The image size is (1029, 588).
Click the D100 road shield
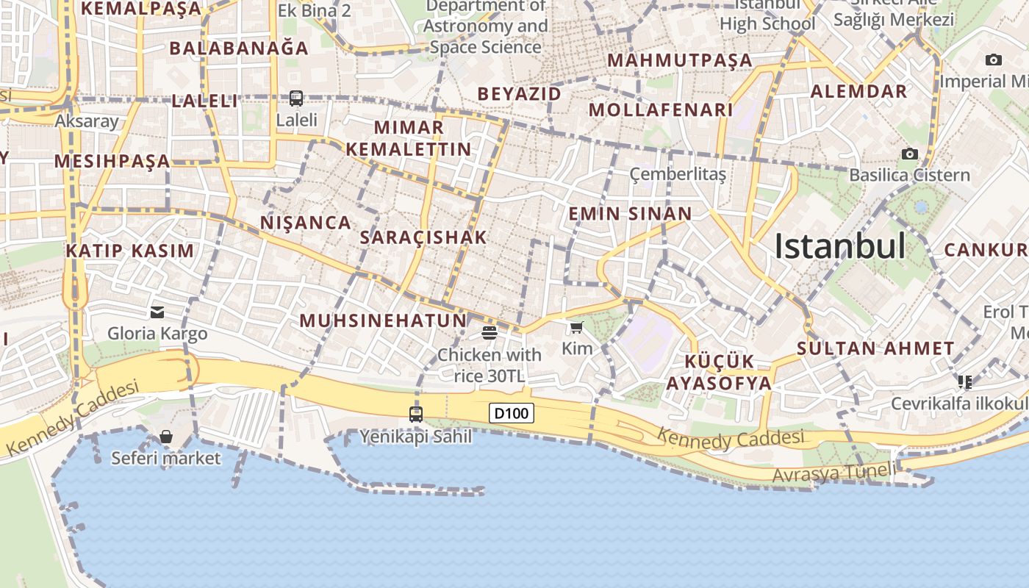click(511, 413)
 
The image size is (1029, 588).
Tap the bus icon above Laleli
click(296, 98)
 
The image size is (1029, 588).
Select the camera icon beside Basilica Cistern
click(910, 154)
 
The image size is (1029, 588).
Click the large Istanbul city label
click(839, 246)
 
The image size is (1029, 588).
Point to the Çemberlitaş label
click(678, 174)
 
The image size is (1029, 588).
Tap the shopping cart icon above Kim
click(576, 327)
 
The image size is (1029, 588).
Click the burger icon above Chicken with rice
click(490, 333)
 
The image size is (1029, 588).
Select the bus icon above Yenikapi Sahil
click(416, 414)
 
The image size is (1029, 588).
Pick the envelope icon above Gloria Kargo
click(157, 312)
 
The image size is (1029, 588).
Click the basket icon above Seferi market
click(166, 437)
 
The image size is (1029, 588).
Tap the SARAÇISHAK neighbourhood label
click(423, 237)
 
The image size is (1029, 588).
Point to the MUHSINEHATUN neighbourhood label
click(383, 320)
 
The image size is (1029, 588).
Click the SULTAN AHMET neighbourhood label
click(875, 348)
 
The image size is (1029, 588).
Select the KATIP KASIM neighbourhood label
click(130, 251)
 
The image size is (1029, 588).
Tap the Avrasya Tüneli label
click(834, 473)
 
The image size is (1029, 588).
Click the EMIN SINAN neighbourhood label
click(630, 214)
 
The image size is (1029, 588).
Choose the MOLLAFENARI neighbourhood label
click(661, 110)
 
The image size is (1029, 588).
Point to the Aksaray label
click(87, 121)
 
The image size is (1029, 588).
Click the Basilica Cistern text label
click(909, 175)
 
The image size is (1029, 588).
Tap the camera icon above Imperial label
click(994, 60)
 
